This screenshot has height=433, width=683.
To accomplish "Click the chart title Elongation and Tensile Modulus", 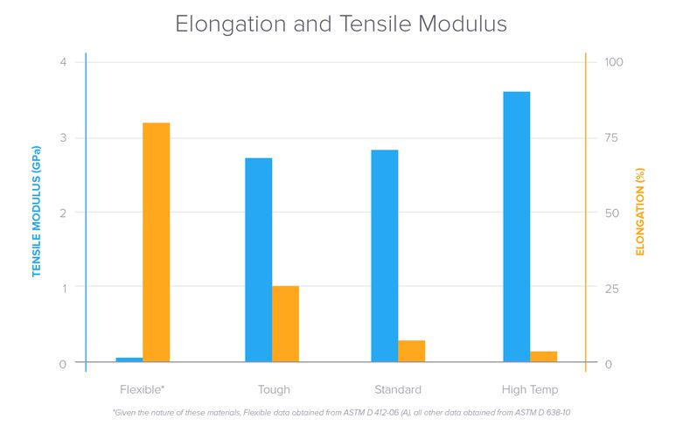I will point(341,24).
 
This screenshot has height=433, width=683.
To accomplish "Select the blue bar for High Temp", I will point(517,227).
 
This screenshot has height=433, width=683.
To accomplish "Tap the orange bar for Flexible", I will point(156,242).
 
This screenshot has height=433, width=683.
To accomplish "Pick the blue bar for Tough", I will point(259,260).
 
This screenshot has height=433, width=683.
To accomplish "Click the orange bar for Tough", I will point(285,324).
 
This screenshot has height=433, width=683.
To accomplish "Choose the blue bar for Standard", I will point(385,255).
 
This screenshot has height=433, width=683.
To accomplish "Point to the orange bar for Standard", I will point(411,351).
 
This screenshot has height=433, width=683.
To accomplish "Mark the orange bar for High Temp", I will point(543,356).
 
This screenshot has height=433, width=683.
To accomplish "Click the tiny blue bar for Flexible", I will point(129,360).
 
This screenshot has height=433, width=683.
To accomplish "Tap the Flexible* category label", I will point(143,389).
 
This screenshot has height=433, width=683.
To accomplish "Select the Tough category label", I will point(274,389).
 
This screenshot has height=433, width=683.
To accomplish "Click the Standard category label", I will point(398,389).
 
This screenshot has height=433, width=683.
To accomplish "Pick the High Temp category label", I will point(530,389).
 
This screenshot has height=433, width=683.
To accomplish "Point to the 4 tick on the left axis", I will point(63,62).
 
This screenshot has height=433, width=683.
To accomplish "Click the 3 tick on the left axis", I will point(63,137).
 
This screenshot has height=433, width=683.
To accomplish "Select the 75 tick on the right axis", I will point(612,137).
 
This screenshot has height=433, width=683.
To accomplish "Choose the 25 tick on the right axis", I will point(612,289).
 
